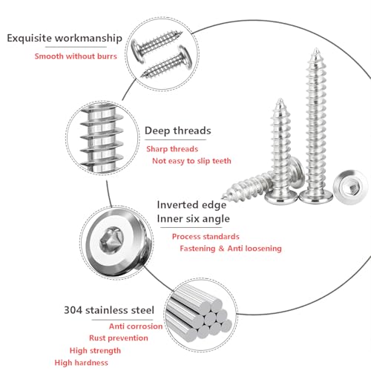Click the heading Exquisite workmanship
coord(65,39)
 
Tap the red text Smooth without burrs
coord(76,56)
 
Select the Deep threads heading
coord(178,131)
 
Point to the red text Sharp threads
coord(172,149)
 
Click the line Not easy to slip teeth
coord(191,161)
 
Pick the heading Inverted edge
coord(191,205)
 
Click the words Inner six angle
coord(194,219)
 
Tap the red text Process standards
coord(206,237)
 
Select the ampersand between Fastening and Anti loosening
coord(221,249)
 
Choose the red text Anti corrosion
coord(136,326)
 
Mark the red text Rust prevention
coord(119,338)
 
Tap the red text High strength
coord(95,350)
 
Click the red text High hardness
coord(82,363)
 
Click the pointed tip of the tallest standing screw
coord(315,49)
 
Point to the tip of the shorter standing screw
coord(280,99)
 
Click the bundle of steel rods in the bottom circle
coord(199,313)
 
